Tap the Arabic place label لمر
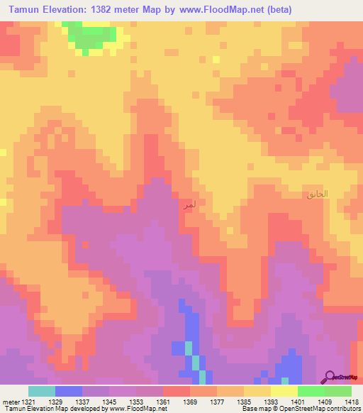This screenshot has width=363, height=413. click(188, 205)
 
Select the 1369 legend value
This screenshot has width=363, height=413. click(191, 401)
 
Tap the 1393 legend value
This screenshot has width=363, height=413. click(272, 401)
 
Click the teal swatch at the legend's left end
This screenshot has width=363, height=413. click(41, 391)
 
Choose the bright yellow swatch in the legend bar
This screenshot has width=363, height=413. click(284, 391)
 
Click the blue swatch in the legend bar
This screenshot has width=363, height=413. click(68, 391)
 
